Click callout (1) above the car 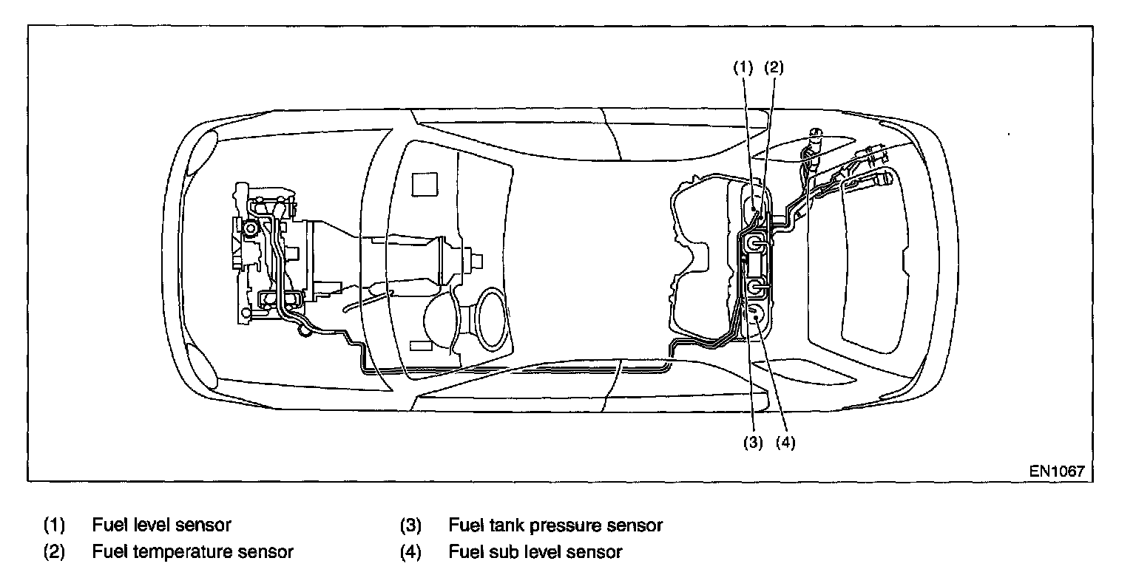point(743,67)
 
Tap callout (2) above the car point(773,67)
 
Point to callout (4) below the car point(785,443)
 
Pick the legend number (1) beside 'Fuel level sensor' point(54,525)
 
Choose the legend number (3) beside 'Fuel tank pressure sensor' point(410,525)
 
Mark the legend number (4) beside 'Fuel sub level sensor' point(410,551)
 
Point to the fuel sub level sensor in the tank point(756,317)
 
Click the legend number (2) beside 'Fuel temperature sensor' point(54,551)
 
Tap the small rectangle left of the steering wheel point(420,345)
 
